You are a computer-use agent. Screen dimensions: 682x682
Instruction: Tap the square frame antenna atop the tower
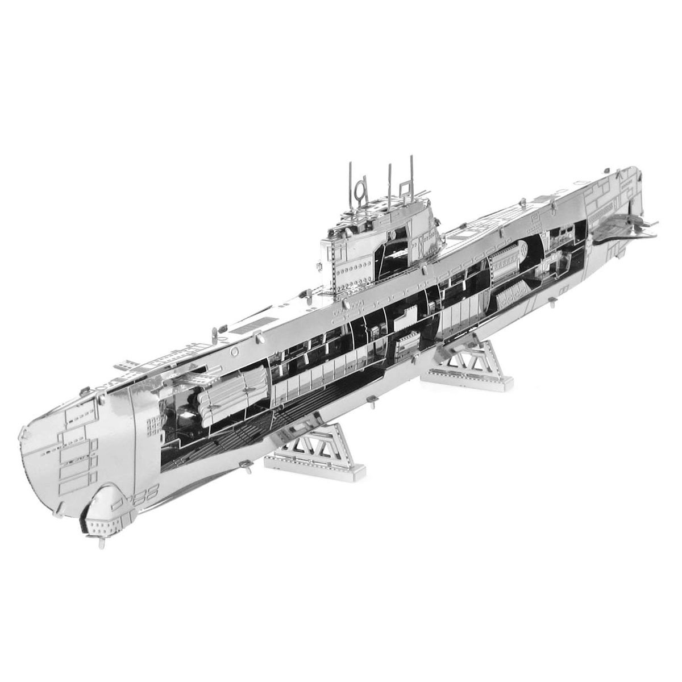(405, 188)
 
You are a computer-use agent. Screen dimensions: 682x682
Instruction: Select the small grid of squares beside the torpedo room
(153, 423)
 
